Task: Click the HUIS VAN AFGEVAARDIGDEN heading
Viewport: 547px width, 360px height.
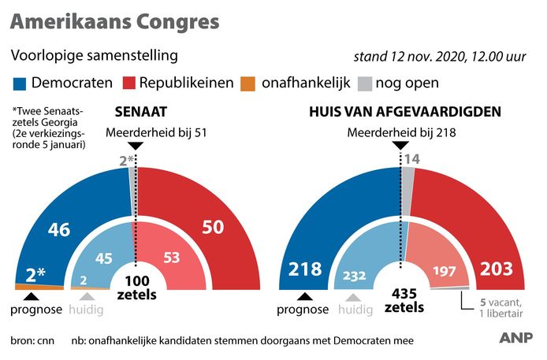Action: pos(405,112)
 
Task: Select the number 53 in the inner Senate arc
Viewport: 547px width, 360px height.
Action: pos(170,257)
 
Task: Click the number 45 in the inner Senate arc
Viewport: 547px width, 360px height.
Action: pos(103,257)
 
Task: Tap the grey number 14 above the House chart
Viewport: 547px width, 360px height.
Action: pos(411,159)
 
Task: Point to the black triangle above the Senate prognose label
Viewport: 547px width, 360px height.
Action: pos(31,297)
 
